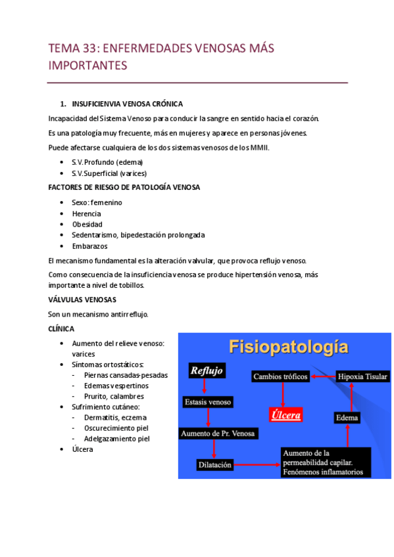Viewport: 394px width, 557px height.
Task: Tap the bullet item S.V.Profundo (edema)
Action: [107, 162]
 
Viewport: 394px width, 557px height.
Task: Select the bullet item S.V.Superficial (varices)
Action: [109, 173]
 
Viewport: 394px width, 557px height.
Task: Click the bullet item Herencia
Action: [86, 213]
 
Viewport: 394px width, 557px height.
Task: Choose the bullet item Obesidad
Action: [87, 224]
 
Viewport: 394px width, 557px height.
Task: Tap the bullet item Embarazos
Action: [89, 246]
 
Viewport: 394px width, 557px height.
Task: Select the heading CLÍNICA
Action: [61, 328]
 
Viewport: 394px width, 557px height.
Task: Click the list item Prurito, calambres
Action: [114, 396]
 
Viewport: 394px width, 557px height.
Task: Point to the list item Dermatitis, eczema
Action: [115, 417]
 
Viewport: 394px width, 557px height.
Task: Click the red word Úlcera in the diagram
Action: [284, 415]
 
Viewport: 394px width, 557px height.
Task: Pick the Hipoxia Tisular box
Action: [362, 376]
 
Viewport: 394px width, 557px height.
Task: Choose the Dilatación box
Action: [214, 464]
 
